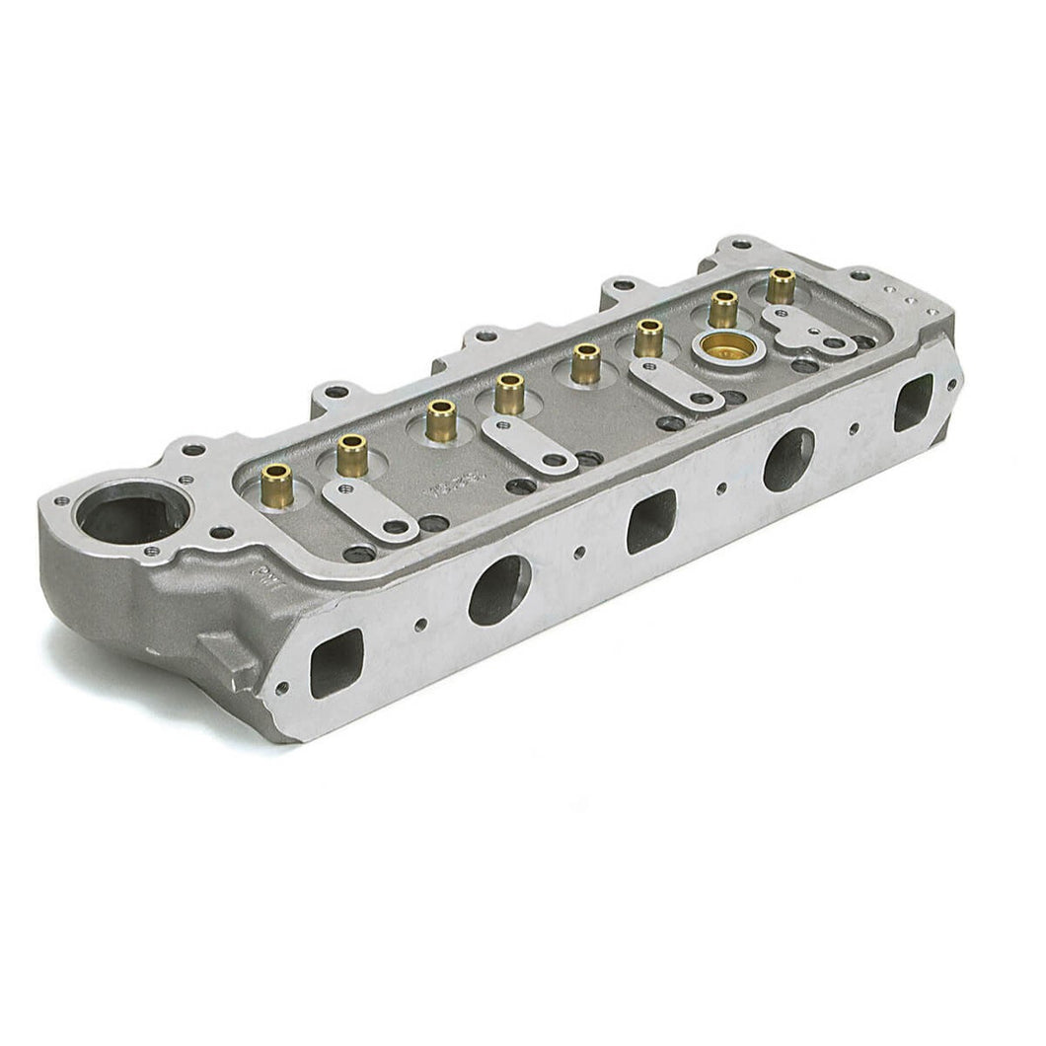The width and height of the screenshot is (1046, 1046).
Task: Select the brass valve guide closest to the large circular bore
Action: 277,485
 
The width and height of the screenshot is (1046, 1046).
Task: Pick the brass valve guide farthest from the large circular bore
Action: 781,284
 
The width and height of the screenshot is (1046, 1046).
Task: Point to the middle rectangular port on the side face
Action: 651,520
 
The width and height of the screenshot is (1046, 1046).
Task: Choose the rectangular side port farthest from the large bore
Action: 913,402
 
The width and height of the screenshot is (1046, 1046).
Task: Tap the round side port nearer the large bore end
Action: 499,589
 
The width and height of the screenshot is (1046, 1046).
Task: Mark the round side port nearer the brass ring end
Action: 788,459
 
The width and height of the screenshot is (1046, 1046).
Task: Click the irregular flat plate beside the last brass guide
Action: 804,329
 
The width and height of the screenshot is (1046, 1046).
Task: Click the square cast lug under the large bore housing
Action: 230,655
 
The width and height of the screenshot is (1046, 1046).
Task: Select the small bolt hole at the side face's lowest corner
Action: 281,688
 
